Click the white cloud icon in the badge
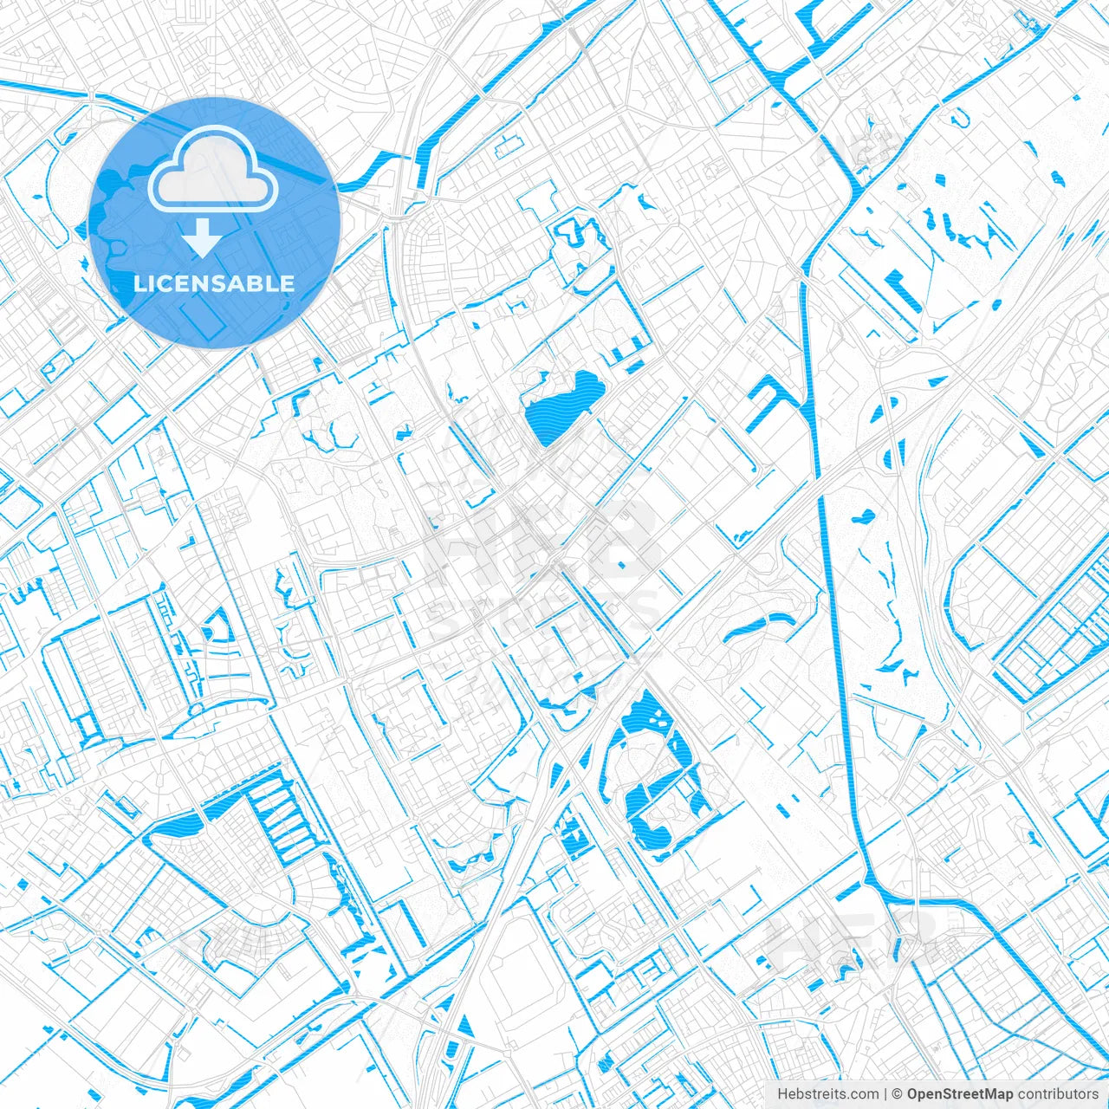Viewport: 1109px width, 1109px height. pos(213,174)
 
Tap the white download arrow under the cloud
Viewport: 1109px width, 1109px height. pos(202,238)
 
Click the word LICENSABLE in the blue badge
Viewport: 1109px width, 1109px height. pos(214,283)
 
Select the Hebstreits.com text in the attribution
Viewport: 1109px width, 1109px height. pos(828,1094)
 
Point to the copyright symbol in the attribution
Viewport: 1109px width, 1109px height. pos(898,1094)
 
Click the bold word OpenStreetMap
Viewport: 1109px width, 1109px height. pos(960,1094)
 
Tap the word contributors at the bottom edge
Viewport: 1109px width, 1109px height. pos(1057,1094)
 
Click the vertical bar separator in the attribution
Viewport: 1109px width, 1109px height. pos(886,1094)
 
